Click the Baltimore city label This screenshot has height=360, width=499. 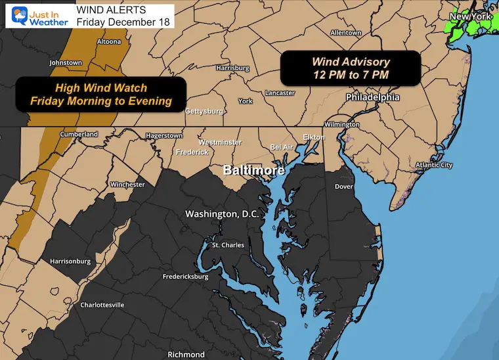253,170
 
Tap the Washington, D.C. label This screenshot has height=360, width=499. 223,214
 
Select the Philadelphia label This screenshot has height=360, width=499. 373,97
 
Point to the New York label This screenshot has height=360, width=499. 471,15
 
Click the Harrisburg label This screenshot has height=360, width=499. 232,68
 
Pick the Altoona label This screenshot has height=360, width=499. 108,41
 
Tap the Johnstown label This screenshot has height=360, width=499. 66,63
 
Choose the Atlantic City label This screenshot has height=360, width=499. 433,165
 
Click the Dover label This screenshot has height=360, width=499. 344,187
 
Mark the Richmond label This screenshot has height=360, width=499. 186,354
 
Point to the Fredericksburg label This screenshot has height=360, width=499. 185,277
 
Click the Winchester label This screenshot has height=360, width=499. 127,185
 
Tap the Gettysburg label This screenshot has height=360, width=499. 204,111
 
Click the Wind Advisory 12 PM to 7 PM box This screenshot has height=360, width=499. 351,68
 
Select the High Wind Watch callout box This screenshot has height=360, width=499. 100,94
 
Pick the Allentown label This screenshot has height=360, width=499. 346,33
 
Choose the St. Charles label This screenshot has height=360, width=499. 228,245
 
